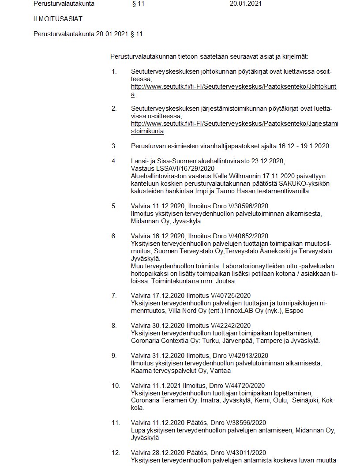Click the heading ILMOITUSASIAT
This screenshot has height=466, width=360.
pyautogui.click(x=58, y=19)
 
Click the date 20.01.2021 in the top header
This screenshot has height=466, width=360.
pyautogui.click(x=246, y=4)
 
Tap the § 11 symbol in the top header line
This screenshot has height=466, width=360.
pyautogui.click(x=138, y=4)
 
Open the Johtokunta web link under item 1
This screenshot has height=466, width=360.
pyautogui.click(x=233, y=87)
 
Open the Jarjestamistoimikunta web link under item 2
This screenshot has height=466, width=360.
pyautogui.click(x=234, y=124)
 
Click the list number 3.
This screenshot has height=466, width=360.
pyautogui.click(x=114, y=146)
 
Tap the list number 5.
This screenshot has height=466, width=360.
pyautogui.click(x=114, y=206)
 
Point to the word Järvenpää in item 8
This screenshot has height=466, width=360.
pyautogui.click(x=238, y=341)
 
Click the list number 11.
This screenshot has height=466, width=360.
pyautogui.click(x=116, y=423)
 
